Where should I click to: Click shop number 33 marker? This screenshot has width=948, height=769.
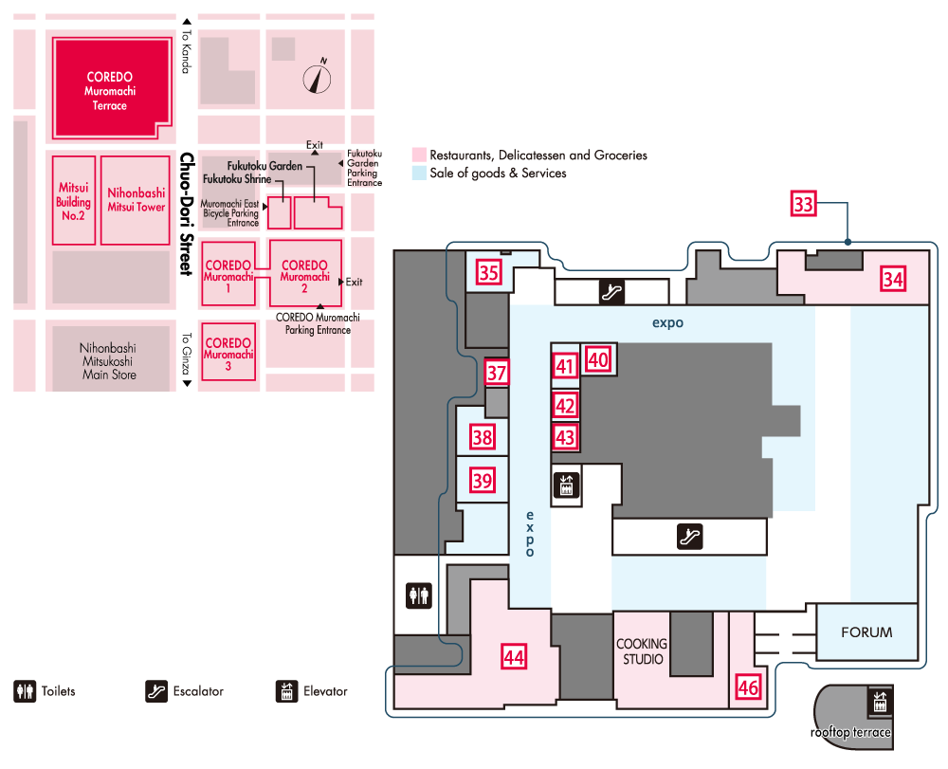pyautogui.click(x=804, y=205)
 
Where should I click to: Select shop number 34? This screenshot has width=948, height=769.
pyautogui.click(x=892, y=279)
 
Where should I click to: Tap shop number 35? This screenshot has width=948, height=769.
pyautogui.click(x=489, y=274)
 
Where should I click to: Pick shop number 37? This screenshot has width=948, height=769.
pyautogui.click(x=497, y=373)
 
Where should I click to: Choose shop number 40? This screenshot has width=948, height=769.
pyautogui.click(x=598, y=359)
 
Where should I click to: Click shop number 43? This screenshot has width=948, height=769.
pyautogui.click(x=566, y=438)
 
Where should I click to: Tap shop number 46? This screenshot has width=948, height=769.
pyautogui.click(x=748, y=688)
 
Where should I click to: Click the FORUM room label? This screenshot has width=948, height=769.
pyautogui.click(x=866, y=632)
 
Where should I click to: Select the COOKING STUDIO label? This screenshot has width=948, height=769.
pyautogui.click(x=642, y=651)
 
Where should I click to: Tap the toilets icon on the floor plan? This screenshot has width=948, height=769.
pyautogui.click(x=419, y=595)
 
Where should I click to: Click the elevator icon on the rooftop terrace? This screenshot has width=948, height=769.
pyautogui.click(x=878, y=703)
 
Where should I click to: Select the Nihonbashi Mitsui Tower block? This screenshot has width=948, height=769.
pyautogui.click(x=137, y=200)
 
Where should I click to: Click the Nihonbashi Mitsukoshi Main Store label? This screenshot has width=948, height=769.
pyautogui.click(x=108, y=361)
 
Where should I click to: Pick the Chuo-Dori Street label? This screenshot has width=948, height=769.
pyautogui.click(x=187, y=214)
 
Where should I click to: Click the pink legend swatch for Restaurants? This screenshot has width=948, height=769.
pyautogui.click(x=418, y=155)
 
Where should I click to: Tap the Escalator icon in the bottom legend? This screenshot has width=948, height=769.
pyautogui.click(x=157, y=691)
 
